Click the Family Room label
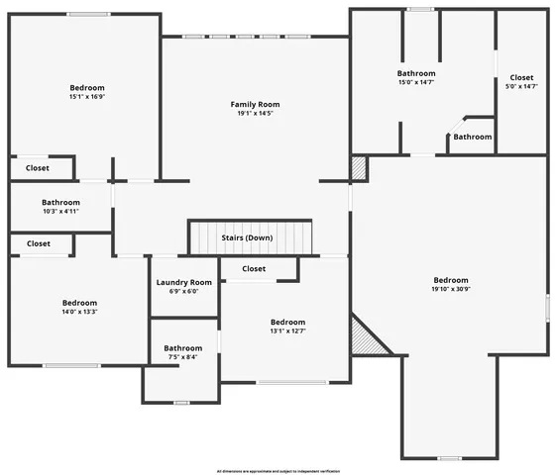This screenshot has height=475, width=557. coord(255,104)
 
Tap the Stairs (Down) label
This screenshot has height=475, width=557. coord(248,238)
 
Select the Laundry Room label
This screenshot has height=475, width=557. coord(184,282)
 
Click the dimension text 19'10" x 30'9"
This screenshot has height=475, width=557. coord(450,290)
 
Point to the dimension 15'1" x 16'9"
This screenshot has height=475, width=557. coord(87,97)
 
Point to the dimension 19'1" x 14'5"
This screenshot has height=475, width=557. coord(255,114)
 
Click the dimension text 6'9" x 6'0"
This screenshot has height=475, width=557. coord(184,291)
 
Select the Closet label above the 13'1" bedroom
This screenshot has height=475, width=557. coord(254,268)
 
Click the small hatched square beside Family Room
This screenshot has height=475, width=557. coord(358,169)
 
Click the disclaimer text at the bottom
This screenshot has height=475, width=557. coord(278,471)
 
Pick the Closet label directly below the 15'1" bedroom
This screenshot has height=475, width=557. coord(38,168)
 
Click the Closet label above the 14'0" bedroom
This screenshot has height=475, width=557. coord(39,243)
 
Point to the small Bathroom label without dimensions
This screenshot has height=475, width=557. coord(473,137)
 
